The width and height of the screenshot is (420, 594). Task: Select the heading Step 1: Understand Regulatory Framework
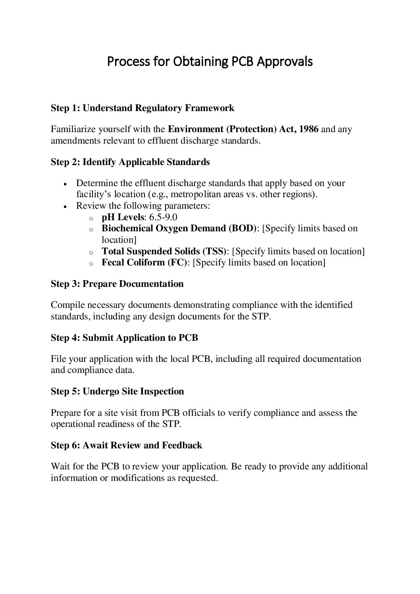(x=143, y=108)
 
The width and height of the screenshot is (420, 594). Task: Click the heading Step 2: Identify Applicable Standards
(x=130, y=162)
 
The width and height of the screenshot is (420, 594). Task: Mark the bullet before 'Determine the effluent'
(x=65, y=184)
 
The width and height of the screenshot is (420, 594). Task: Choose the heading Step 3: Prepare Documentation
(x=117, y=284)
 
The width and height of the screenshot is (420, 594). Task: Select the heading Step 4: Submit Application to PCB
(x=124, y=338)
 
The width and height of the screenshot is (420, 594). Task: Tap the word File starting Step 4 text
(x=58, y=359)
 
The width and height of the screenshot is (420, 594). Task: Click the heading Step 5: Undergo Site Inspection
(x=117, y=391)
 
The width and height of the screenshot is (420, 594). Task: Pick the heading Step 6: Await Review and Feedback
(x=126, y=445)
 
